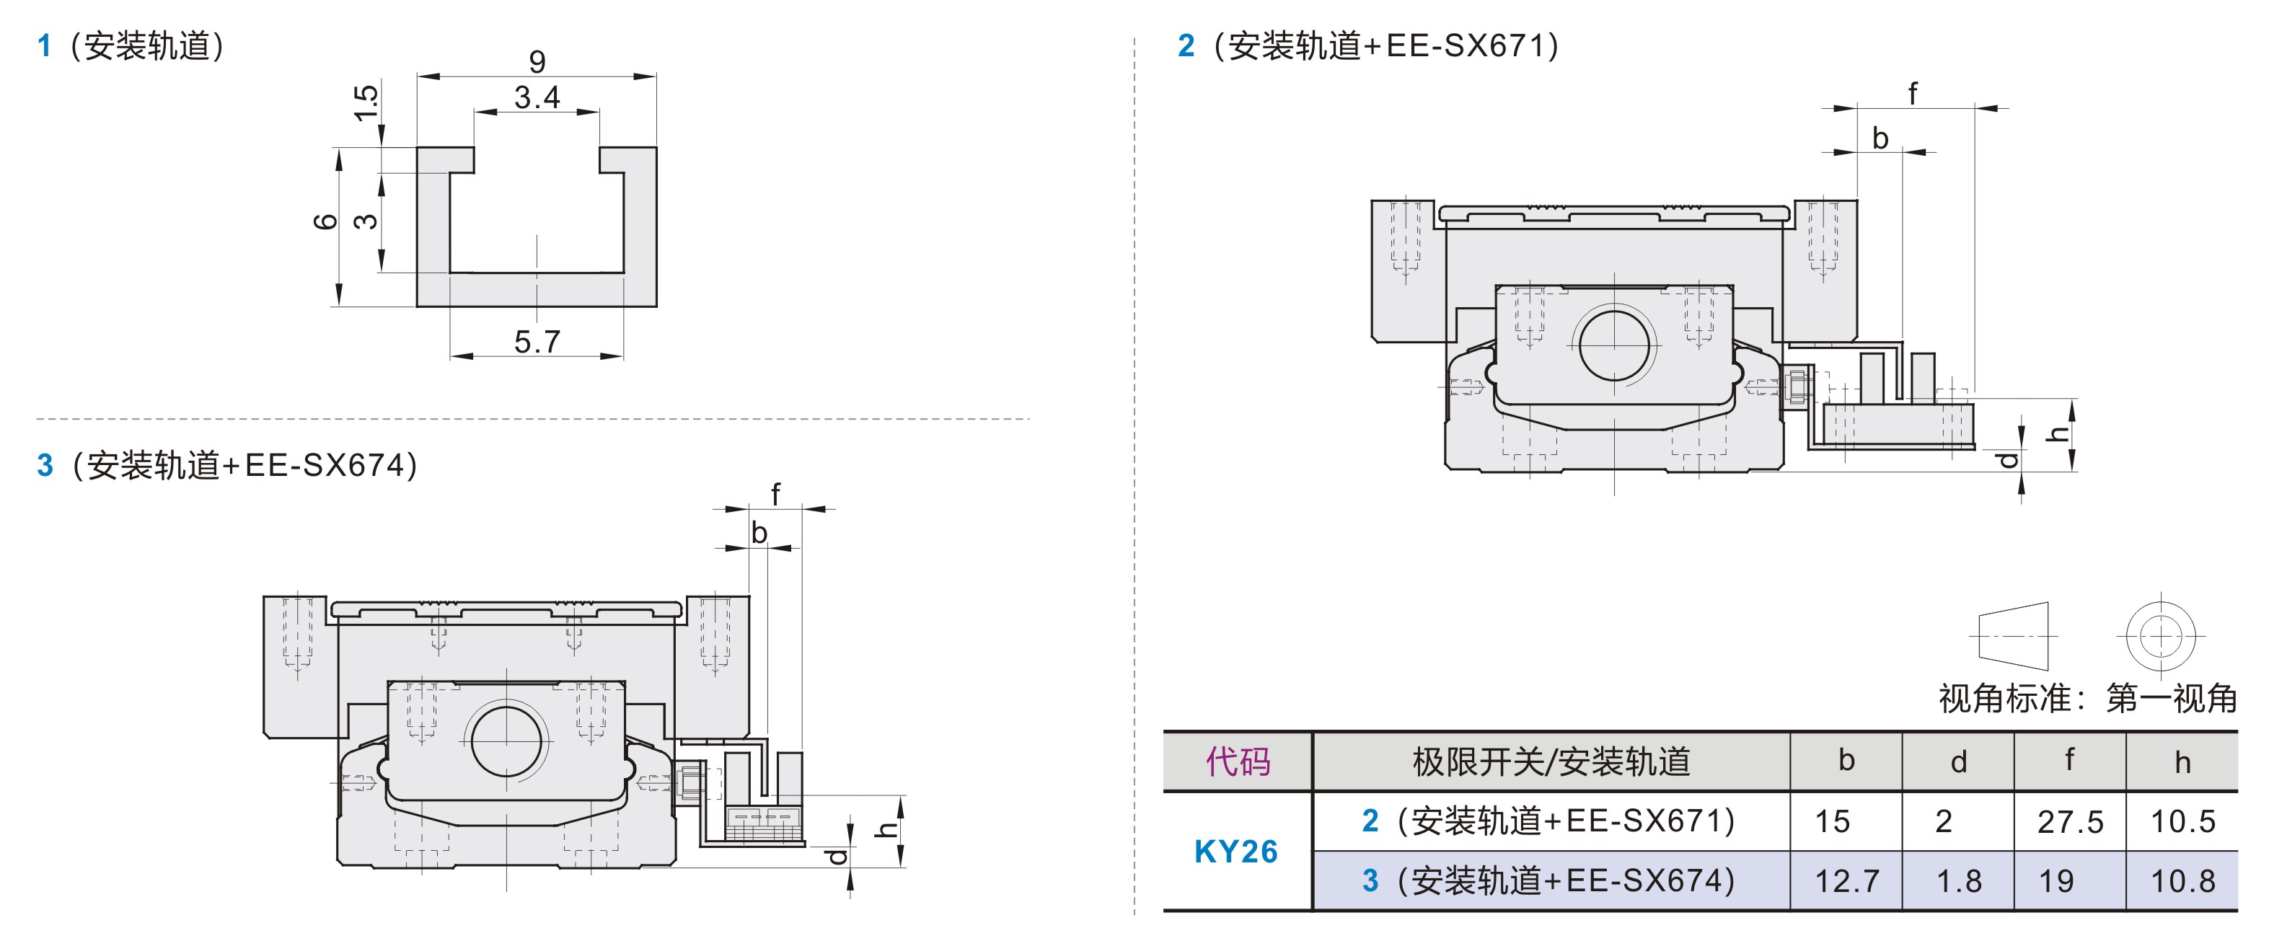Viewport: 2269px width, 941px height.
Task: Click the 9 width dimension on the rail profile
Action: pos(537,61)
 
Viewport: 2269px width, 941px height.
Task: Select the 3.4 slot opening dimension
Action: pos(537,97)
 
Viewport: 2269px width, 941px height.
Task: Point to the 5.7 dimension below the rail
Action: pos(537,342)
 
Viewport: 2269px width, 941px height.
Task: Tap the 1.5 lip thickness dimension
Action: pos(366,103)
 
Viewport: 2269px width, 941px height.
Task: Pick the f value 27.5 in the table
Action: pos(2070,822)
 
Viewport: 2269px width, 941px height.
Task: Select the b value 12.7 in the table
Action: pos(1847,881)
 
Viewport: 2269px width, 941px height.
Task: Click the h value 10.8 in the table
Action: pos(2182,881)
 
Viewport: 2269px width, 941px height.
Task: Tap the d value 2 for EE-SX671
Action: pos(1943,822)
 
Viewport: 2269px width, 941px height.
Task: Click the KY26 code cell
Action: pos(1235,851)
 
